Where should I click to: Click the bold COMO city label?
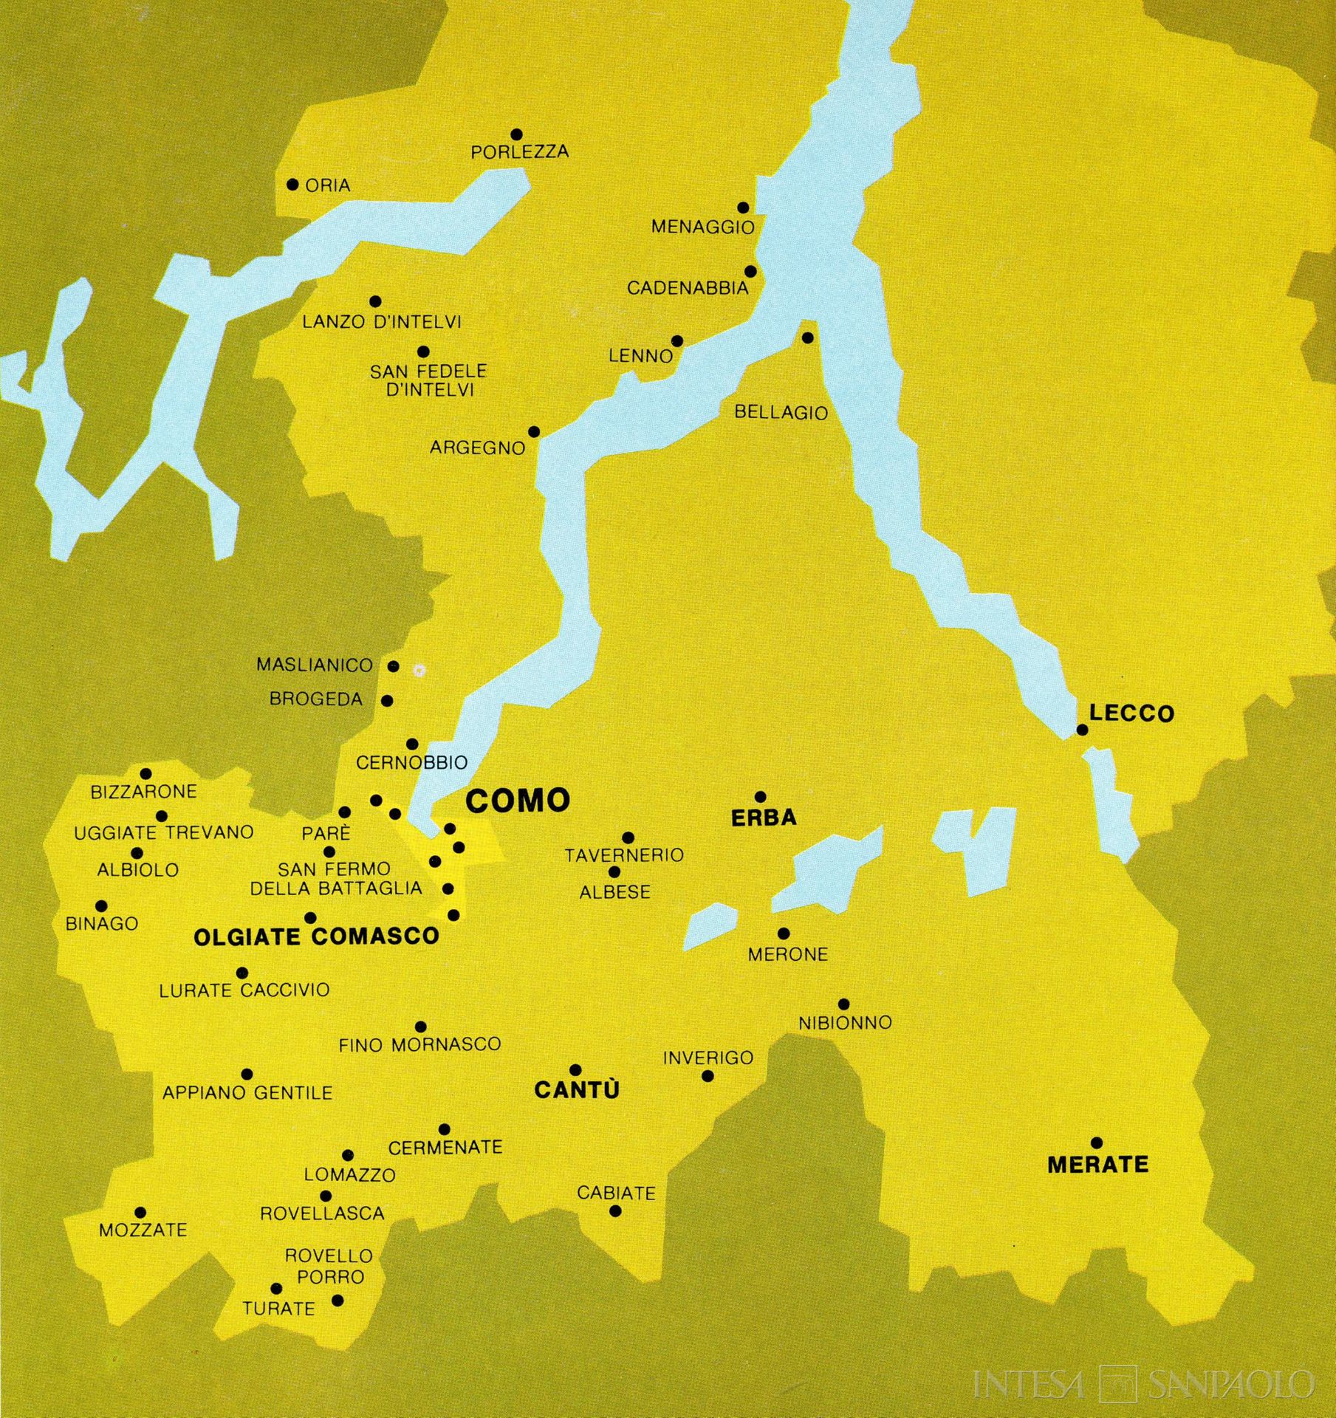(518, 801)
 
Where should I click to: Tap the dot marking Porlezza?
(517, 134)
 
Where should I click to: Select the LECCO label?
(1131, 713)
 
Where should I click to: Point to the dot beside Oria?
(292, 185)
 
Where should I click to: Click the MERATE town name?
(1097, 1165)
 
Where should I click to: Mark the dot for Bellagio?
(807, 338)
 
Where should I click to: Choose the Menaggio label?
(702, 227)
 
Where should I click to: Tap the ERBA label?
(764, 818)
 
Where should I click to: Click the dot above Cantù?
(576, 1070)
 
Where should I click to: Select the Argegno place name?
(477, 448)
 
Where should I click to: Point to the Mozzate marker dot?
(140, 1213)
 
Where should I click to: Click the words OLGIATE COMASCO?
(316, 937)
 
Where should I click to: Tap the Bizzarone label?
(143, 792)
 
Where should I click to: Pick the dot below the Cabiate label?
(615, 1210)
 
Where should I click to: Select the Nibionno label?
(845, 1022)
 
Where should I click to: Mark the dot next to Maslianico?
(394, 666)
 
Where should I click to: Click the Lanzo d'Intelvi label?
(381, 322)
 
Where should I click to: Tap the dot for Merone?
(784, 934)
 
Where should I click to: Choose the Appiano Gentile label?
(247, 1092)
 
